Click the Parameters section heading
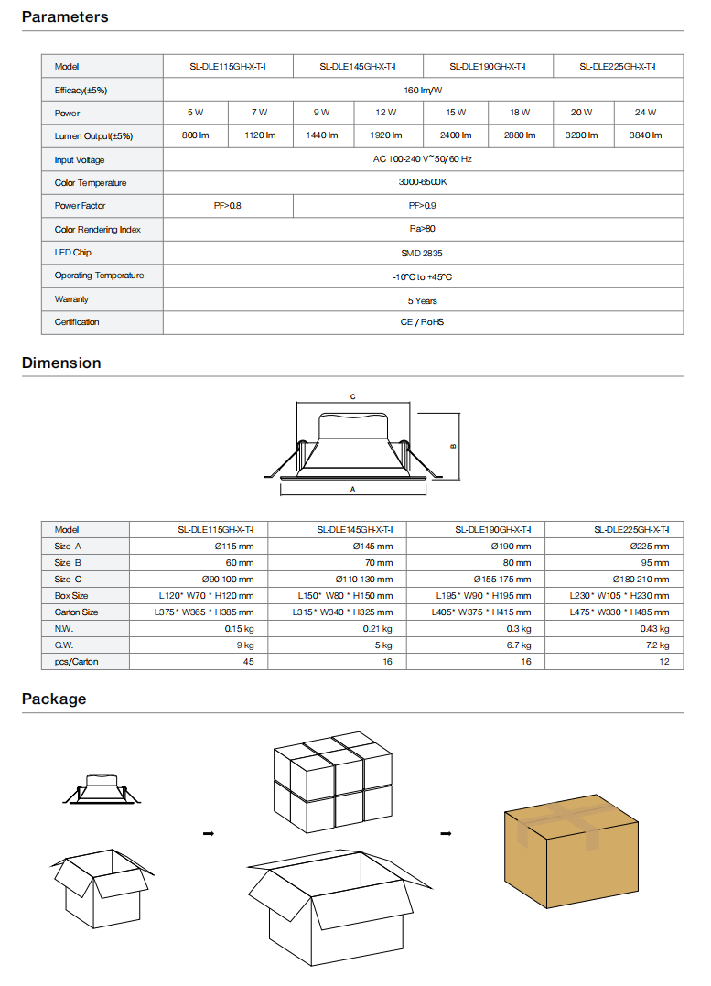coord(65,16)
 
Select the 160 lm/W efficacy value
coord(422,90)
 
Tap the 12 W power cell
coord(385,113)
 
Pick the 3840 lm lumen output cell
coord(645,135)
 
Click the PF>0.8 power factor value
coord(227,206)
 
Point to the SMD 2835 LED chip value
coord(422,253)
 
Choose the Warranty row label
coord(71,299)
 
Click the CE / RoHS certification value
coord(422,322)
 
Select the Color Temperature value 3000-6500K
coord(422,183)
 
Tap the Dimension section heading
coord(61,363)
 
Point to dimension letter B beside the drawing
coord(453,447)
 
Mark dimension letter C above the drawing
coord(352,396)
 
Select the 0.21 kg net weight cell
coord(377,628)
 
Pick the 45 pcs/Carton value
coord(248,661)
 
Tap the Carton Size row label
coord(76,612)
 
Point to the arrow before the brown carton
coord(446,833)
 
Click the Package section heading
coord(54,699)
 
